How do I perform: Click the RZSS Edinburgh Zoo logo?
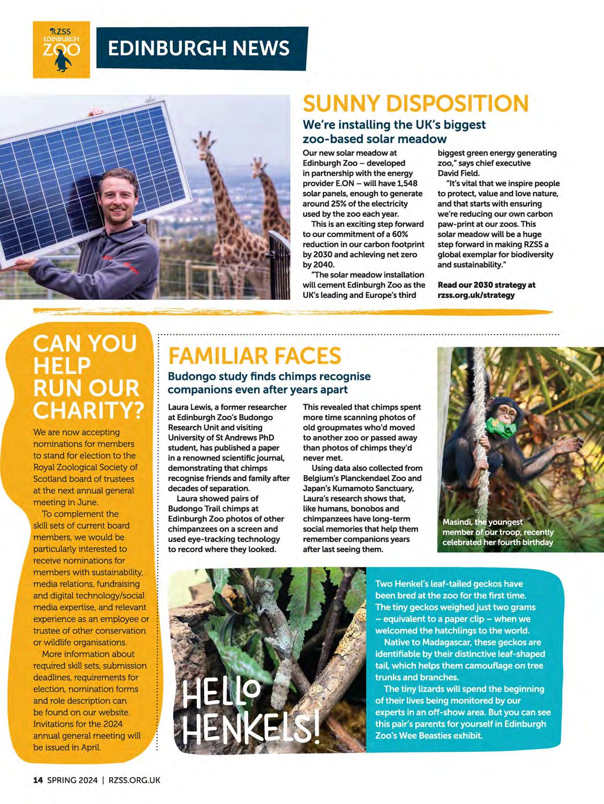(61, 49)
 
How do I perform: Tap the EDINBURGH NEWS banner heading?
(199, 48)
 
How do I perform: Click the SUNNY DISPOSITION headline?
(415, 104)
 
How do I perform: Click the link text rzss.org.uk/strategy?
(476, 295)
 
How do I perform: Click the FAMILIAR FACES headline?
(254, 356)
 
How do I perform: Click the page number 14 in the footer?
(38, 780)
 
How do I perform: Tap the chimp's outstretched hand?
(569, 444)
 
